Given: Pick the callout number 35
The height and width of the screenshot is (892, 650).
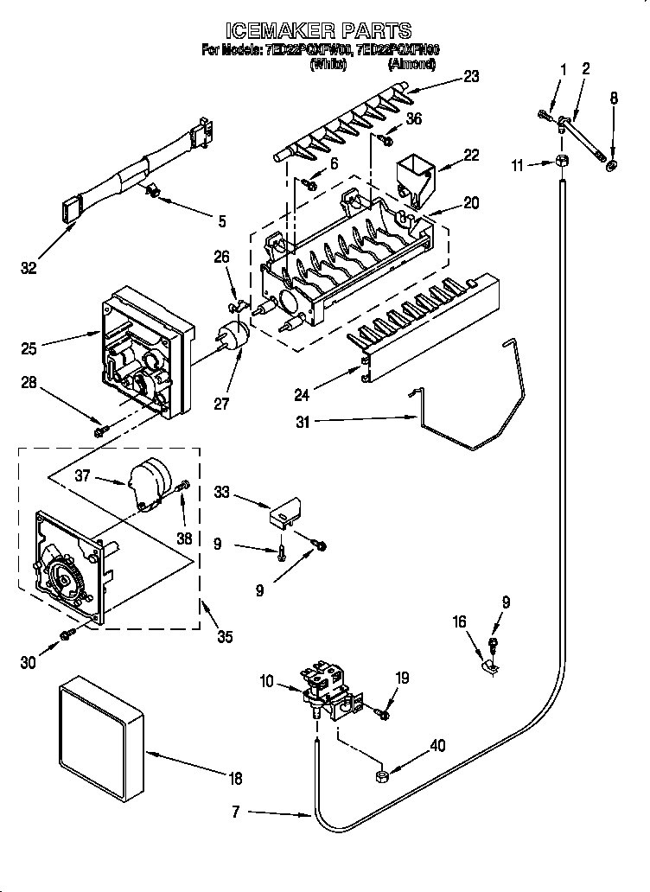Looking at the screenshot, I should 225,638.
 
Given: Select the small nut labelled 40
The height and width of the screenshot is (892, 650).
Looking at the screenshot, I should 380,776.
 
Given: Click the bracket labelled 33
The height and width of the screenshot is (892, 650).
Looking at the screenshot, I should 284,515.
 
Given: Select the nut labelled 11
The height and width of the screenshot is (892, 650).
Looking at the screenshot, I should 561,162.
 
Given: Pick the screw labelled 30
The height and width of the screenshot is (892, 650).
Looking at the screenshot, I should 66,637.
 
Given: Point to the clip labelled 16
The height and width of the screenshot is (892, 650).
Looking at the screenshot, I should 487,666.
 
